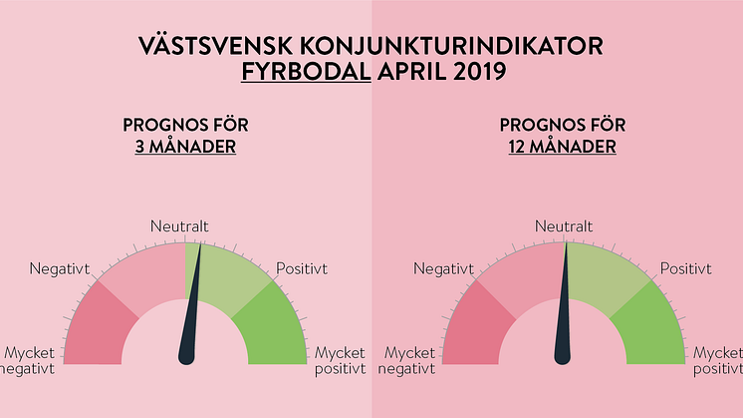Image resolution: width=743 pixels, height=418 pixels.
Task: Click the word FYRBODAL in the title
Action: coord(306,72)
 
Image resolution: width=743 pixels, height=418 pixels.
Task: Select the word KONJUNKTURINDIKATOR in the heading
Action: coord(451,46)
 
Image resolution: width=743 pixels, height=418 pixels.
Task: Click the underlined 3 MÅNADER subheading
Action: coord(185,146)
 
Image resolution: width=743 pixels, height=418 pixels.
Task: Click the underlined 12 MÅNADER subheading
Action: coord(563,146)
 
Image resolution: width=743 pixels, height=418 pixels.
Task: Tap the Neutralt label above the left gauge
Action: coord(179,226)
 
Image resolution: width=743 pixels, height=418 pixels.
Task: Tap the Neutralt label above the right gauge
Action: coord(564,226)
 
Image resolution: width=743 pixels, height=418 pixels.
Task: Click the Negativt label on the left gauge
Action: coord(59,269)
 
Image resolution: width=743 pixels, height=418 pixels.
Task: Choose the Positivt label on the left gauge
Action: coord(302,269)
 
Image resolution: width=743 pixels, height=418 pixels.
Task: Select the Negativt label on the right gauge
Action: coord(443,269)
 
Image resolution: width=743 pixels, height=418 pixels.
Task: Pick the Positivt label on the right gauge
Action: coord(686,269)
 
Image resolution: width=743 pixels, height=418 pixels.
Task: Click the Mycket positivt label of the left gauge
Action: coord(341,361)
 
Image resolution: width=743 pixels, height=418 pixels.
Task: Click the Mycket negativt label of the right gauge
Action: coord(407,361)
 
